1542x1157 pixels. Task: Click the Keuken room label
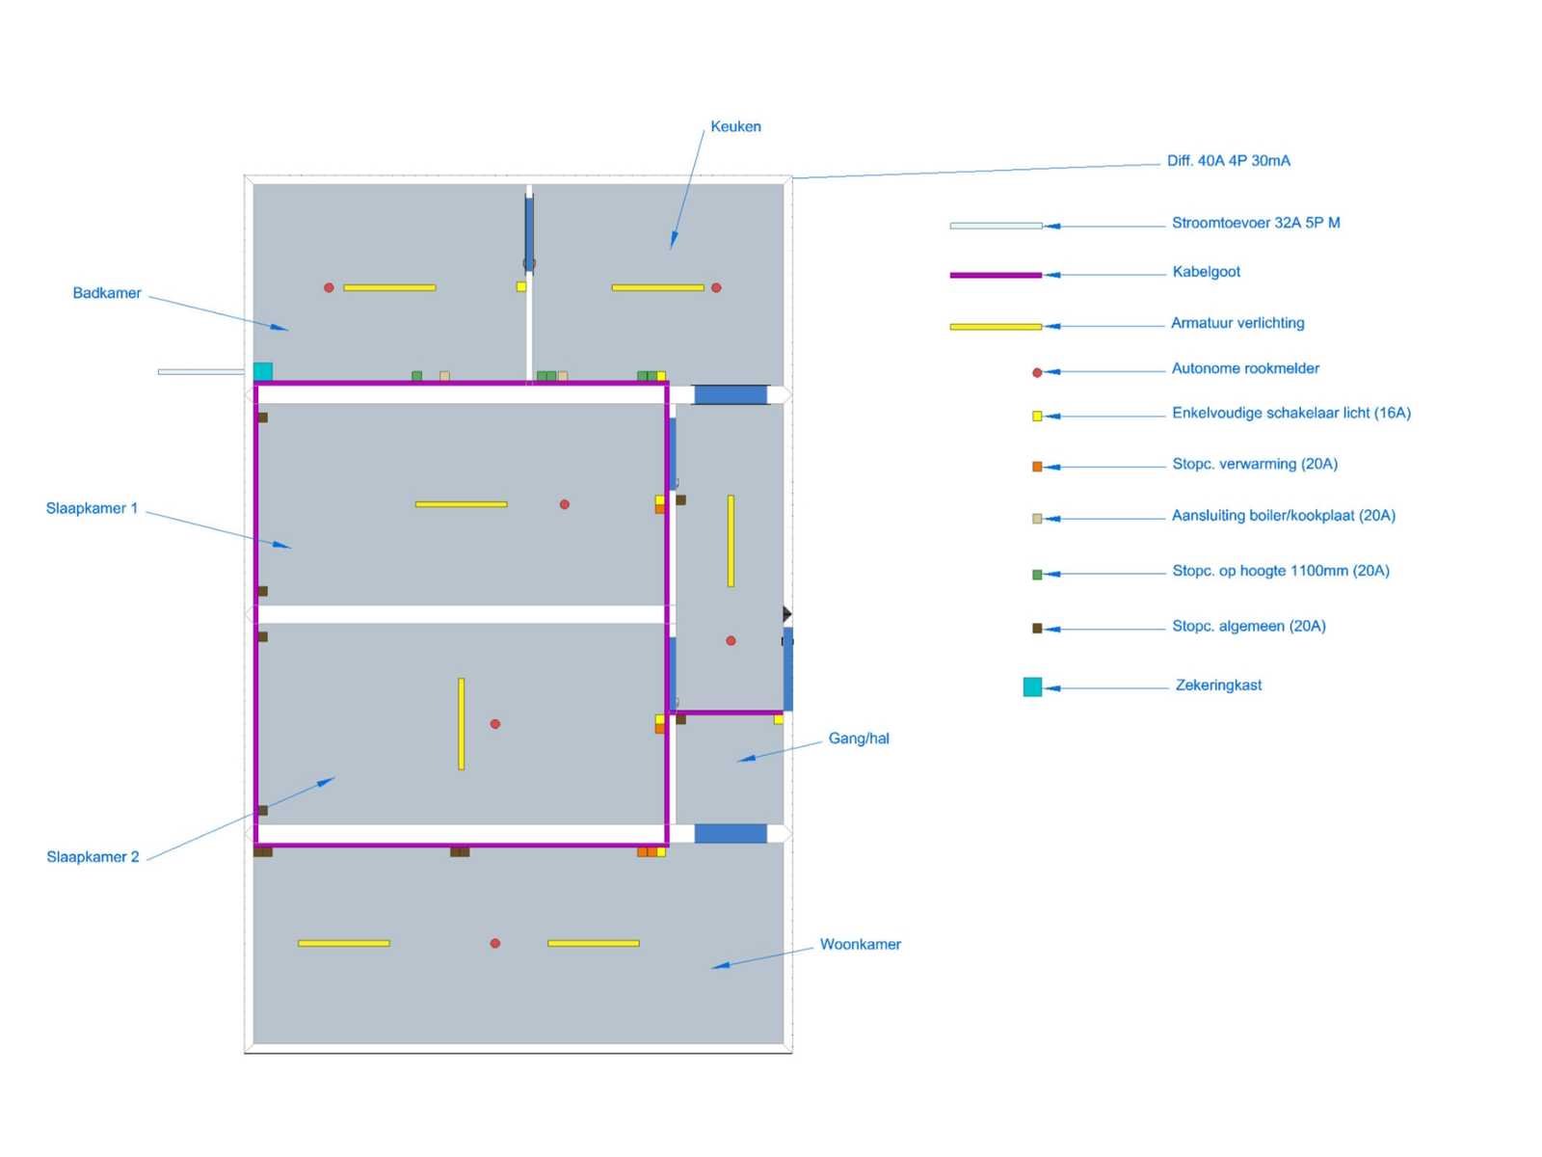pos(734,126)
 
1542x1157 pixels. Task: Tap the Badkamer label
pos(107,293)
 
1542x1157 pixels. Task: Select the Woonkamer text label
pos(860,944)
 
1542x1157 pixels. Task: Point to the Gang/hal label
pos(859,739)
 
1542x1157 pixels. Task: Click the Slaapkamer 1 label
pos(92,508)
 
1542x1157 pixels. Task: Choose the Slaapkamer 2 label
pos(93,856)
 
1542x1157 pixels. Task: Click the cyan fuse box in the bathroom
pos(263,371)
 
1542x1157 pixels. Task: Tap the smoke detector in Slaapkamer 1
pos(564,504)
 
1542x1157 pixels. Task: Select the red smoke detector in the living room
pos(495,943)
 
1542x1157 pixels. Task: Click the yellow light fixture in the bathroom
pos(389,287)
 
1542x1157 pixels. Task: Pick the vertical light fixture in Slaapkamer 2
pos(461,723)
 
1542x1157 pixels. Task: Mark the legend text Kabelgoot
pos(1207,272)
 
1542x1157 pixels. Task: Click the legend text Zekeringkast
pos(1218,685)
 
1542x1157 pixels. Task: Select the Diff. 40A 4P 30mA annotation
pos(1228,161)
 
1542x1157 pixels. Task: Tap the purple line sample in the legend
pos(996,276)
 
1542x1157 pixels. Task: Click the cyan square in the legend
pos(1032,687)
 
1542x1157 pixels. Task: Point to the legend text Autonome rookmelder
pos(1245,368)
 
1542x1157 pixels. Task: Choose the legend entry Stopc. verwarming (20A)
pos(1255,464)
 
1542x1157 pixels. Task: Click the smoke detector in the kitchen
pos(716,287)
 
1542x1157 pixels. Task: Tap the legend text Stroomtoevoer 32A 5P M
pos(1256,223)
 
